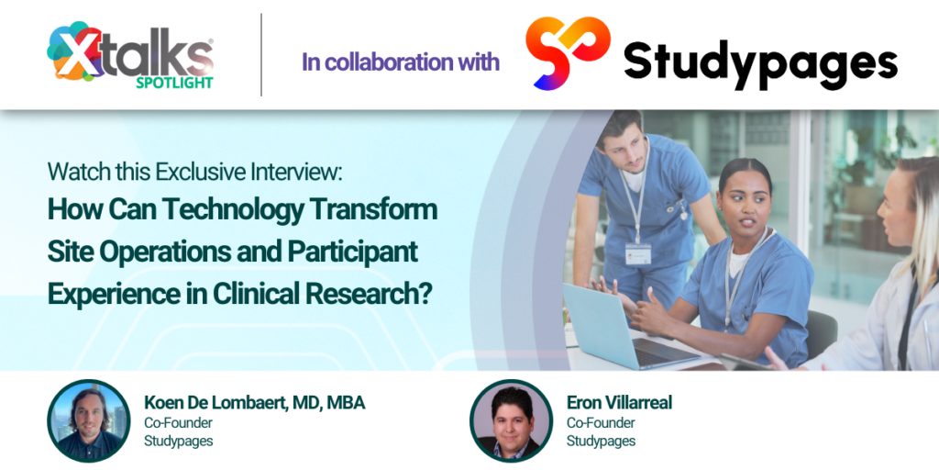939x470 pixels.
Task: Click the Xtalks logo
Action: point(130,55)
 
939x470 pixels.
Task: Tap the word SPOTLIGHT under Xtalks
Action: point(174,83)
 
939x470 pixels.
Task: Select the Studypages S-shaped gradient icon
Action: point(567,52)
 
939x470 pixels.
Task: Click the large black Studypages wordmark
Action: point(760,63)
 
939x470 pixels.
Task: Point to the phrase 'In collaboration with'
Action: point(401,62)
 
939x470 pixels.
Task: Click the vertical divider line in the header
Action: point(261,54)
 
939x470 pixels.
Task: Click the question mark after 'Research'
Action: point(425,294)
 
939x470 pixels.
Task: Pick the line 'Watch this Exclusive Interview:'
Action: point(195,172)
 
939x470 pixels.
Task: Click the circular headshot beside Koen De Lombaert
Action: point(89,420)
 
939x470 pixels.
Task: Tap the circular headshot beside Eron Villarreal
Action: point(512,420)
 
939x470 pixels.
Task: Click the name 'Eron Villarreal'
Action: point(619,402)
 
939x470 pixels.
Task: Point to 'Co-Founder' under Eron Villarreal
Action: point(601,422)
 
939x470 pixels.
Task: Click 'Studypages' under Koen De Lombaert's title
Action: point(179,442)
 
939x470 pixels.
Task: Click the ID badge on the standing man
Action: point(638,253)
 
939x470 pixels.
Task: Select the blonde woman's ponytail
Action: point(922,234)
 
